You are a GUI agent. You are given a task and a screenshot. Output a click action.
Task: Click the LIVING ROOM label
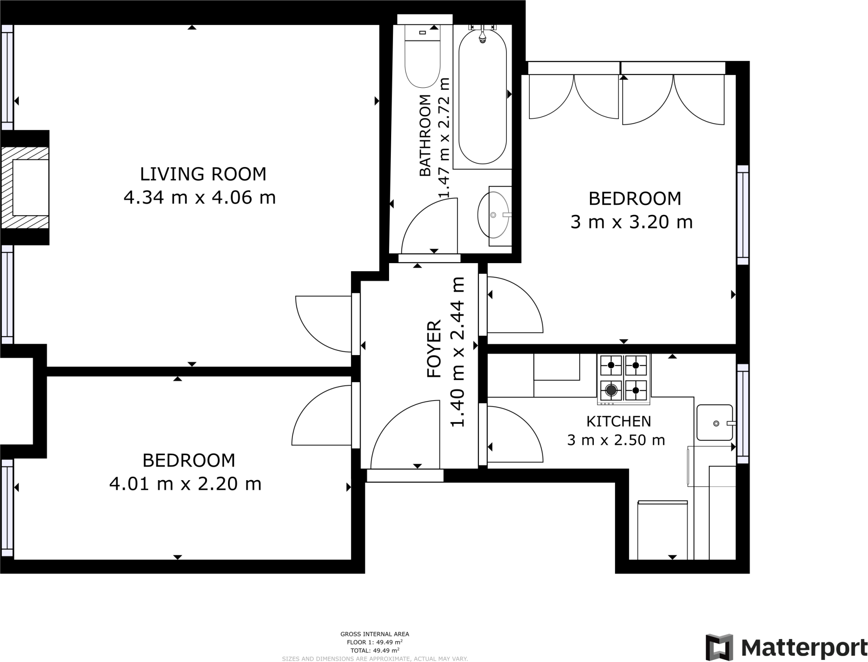pos(203,174)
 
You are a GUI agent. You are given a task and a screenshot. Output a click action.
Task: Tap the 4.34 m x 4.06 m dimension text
pos(200,197)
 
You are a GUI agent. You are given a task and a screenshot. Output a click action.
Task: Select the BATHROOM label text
pos(425,135)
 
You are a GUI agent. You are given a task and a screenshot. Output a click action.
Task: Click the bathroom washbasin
pos(494,215)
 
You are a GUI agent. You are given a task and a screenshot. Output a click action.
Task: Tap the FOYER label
pos(434,349)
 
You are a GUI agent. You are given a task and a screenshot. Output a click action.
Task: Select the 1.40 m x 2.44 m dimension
pos(457,352)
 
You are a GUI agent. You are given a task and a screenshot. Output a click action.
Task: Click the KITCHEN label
pos(618,421)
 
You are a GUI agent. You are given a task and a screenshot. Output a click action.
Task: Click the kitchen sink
pos(715,423)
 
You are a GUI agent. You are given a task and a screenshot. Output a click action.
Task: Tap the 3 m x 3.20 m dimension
pos(632,222)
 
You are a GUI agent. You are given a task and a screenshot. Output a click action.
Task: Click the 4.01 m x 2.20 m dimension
pos(185,484)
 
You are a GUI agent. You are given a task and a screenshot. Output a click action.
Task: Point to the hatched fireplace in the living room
pos(25,187)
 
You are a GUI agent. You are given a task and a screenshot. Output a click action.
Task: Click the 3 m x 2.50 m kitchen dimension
pos(616,440)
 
